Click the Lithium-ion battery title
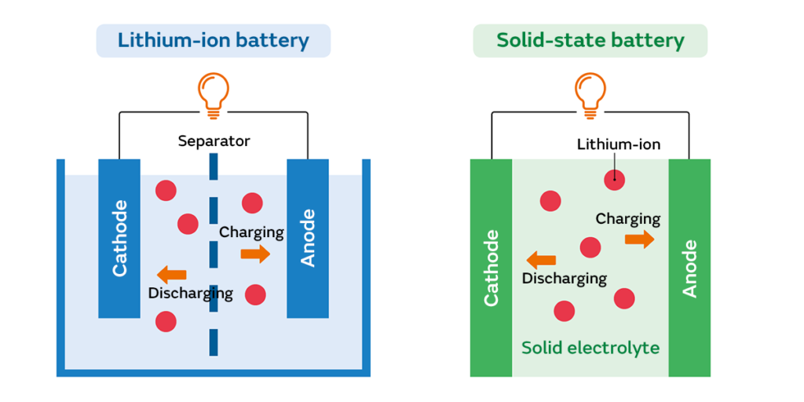click(x=213, y=40)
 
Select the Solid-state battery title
click(x=590, y=40)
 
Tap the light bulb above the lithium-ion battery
click(x=213, y=93)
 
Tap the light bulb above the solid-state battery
click(x=590, y=93)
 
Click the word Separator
click(x=214, y=141)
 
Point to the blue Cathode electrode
click(x=119, y=238)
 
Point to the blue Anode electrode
click(x=308, y=238)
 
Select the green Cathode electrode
click(x=492, y=267)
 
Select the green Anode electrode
click(x=689, y=267)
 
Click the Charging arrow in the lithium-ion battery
click(x=255, y=254)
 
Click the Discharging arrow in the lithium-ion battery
click(x=172, y=274)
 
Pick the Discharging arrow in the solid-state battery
click(x=541, y=260)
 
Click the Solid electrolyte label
click(x=590, y=347)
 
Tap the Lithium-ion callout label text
click(x=618, y=144)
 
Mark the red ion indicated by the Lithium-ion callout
click(x=614, y=180)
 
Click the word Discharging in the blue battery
click(x=191, y=293)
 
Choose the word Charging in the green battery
click(x=627, y=219)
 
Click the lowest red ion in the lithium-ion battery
click(x=166, y=321)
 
